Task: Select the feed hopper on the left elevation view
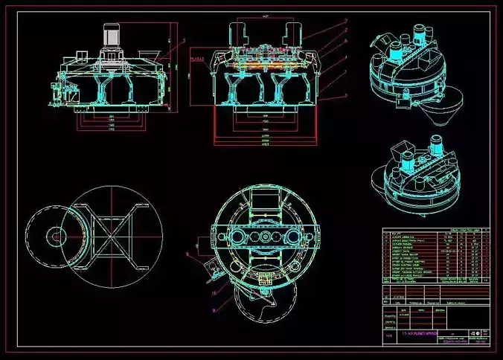pyautogui.click(x=149, y=54)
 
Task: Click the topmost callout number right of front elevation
pyautogui.click(x=345, y=19)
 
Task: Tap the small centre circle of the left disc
pyautogui.click(x=54, y=237)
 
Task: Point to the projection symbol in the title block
pyautogui.click(x=473, y=332)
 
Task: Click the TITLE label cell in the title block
pyautogui.click(x=389, y=336)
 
